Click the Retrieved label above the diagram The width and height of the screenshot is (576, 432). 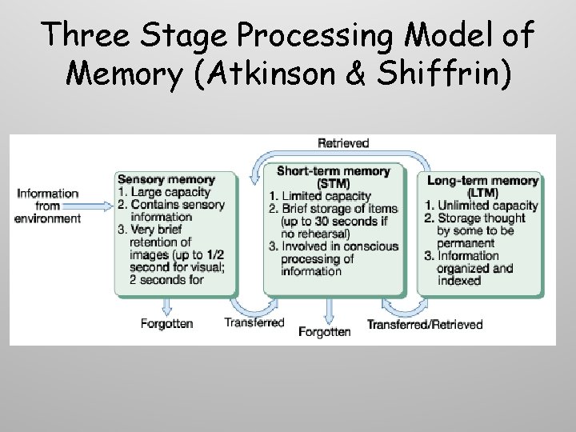point(343,143)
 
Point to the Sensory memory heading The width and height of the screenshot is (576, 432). point(166,179)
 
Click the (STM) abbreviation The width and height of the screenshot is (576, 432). point(333,184)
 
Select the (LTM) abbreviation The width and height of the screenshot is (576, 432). point(482,193)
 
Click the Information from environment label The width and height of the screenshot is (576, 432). point(48,206)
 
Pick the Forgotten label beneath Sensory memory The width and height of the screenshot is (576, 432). point(166,324)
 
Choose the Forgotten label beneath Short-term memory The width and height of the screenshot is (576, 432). point(325,331)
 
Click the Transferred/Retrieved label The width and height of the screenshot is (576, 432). point(425,324)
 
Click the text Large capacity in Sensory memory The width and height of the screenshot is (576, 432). point(170,192)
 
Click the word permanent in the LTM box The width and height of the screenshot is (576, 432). point(466,242)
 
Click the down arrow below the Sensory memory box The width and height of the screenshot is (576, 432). point(166,305)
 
